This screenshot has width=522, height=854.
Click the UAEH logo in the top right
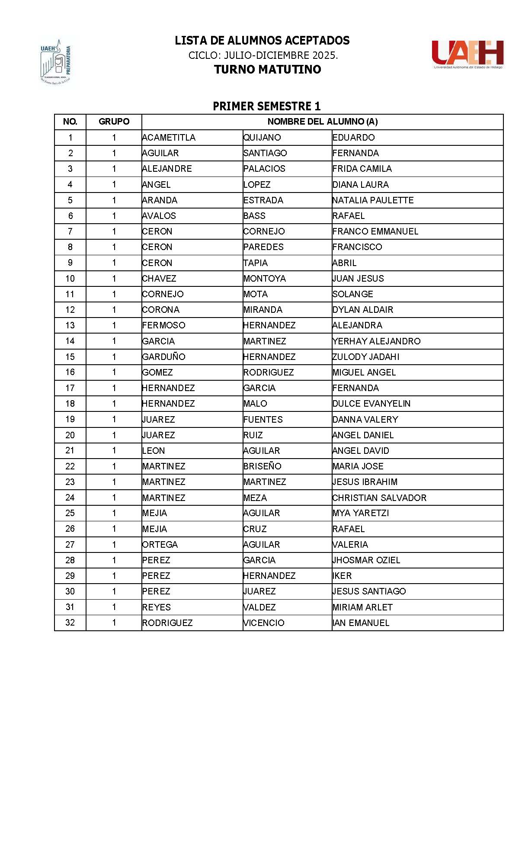click(x=468, y=55)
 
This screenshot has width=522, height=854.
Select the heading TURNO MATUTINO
click(x=267, y=69)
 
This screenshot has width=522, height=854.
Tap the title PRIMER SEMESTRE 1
click(x=266, y=106)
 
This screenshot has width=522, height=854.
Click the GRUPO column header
click(x=114, y=122)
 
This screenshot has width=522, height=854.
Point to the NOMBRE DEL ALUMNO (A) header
click(x=322, y=122)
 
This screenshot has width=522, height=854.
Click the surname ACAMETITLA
click(x=169, y=138)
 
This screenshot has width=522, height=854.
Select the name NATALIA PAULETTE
click(x=373, y=200)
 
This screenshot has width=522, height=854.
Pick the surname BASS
click(x=254, y=216)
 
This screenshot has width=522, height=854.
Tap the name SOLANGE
click(x=352, y=294)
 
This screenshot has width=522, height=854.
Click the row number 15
click(x=70, y=357)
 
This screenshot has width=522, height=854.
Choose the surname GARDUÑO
click(x=163, y=357)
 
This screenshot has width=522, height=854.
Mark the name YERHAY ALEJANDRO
click(x=376, y=341)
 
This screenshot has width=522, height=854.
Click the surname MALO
click(x=255, y=404)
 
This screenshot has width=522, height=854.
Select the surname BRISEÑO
click(x=262, y=466)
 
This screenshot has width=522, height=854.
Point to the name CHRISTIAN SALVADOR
click(x=379, y=498)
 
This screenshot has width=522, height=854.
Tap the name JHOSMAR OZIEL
click(x=366, y=560)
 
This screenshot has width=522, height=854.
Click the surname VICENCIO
click(x=264, y=623)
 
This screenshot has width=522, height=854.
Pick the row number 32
click(x=70, y=623)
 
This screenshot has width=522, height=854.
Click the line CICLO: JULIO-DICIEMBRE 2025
click(x=263, y=55)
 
